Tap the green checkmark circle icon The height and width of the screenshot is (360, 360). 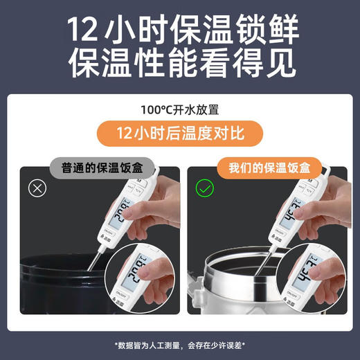click(205, 188)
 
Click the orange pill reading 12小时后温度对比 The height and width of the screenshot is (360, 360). click(180, 132)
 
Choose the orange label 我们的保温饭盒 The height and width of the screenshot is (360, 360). click(269, 168)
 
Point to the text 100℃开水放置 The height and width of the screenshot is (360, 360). click(180, 109)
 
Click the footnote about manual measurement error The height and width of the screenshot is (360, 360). click(180, 344)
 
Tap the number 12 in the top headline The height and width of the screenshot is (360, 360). click(86, 31)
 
